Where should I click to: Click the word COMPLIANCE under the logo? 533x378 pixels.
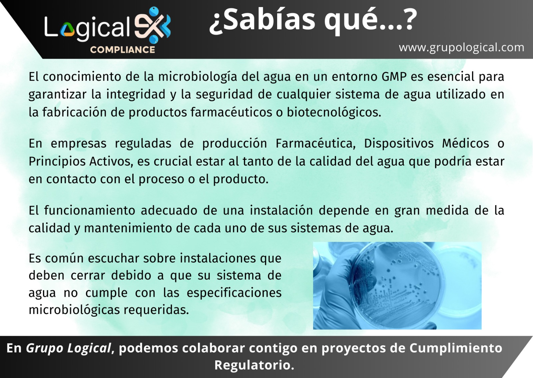tap(122, 50)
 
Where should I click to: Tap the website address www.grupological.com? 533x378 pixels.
tap(461, 47)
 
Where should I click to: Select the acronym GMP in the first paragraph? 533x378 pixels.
tap(394, 77)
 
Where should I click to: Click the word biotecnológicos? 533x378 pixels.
tap(333, 112)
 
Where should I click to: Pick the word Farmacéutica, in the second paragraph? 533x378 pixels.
tap(315, 144)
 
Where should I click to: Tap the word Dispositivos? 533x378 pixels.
tap(398, 144)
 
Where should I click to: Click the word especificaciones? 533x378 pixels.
tap(234, 293)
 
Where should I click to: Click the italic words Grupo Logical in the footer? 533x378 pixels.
tap(68, 348)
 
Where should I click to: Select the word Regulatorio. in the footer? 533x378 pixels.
tap(254, 365)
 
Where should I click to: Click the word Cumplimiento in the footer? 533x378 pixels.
tap(455, 348)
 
